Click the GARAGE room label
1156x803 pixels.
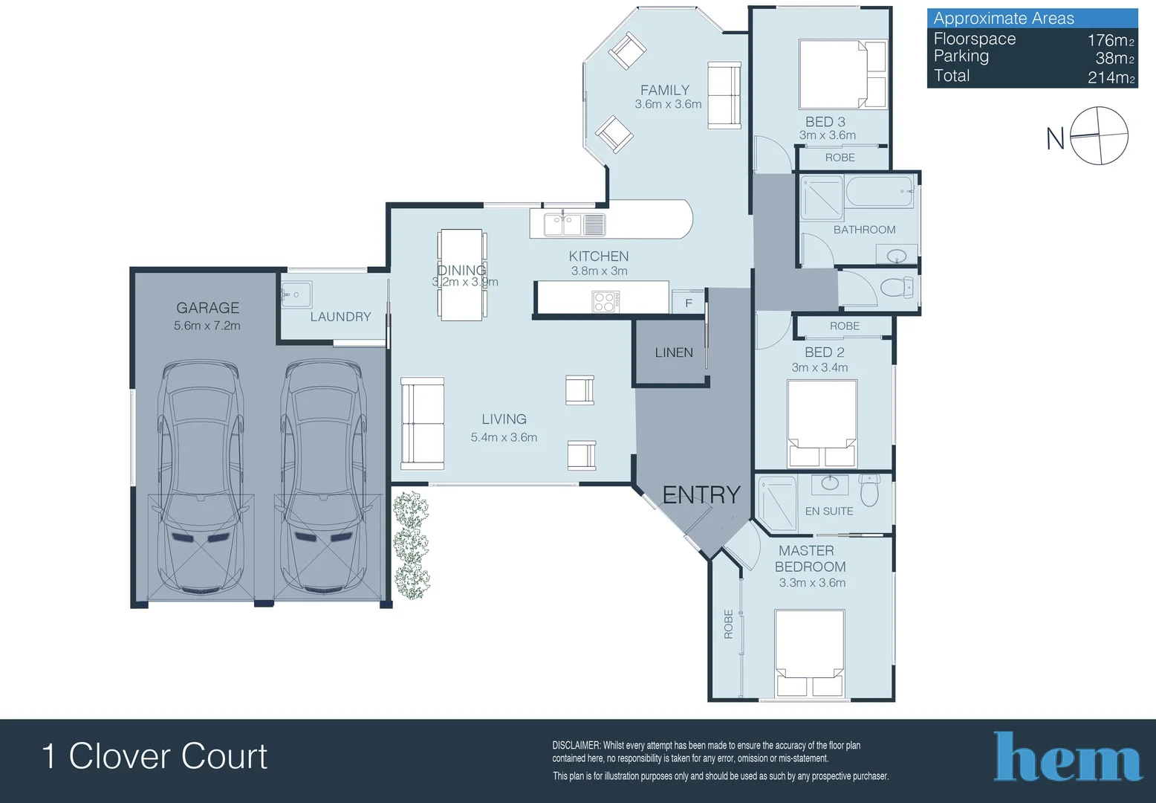tap(207, 308)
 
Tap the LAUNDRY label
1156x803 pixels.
tap(340, 317)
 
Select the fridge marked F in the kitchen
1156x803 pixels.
tap(688, 303)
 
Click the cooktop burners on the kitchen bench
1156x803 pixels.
tap(605, 301)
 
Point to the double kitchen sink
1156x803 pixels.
tap(562, 224)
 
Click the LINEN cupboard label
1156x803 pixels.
tap(673, 352)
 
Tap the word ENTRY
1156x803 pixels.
tap(701, 495)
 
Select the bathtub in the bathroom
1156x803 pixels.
tap(880, 192)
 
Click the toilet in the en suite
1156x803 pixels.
tap(869, 490)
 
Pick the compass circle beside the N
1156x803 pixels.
tap(1100, 135)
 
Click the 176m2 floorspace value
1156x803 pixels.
tap(1110, 40)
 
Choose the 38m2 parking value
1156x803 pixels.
tap(1114, 58)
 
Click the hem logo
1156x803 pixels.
tap(1067, 758)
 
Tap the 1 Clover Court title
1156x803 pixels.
tap(155, 756)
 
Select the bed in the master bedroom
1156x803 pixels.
tap(809, 653)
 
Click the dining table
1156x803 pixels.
tap(461, 275)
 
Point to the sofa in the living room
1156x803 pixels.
tap(422, 423)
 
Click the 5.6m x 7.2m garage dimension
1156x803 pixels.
tap(207, 326)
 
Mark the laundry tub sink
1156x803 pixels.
tap(296, 294)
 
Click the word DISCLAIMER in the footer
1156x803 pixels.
tap(576, 745)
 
